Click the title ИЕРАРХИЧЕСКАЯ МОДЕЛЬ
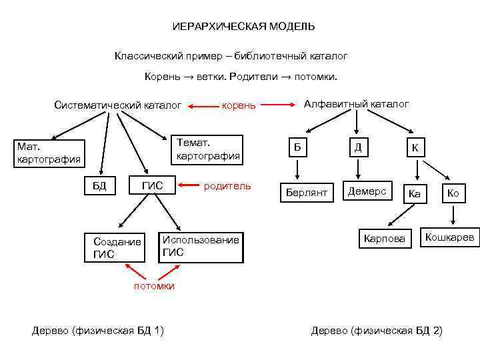[x=243, y=27]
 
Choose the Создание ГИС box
[x=117, y=247]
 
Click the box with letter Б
[x=297, y=147]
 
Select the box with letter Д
[x=358, y=147]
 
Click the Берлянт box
[x=307, y=191]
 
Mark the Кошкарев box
[x=450, y=237]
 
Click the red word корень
[x=239, y=105]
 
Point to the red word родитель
[x=227, y=185]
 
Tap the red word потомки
[x=153, y=286]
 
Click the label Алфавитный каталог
[x=357, y=104]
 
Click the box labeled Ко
[x=453, y=193]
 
